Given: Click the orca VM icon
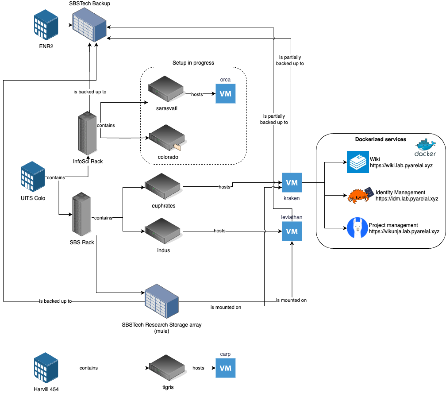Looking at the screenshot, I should tap(226, 93).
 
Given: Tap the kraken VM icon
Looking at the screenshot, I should tap(292, 183).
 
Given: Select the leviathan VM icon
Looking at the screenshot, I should tap(292, 231).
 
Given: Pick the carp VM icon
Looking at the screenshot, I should tap(226, 368).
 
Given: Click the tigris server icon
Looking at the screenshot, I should tap(166, 368).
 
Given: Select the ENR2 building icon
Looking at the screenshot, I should tap(46, 25).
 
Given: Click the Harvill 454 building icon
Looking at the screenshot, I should tap(46, 368).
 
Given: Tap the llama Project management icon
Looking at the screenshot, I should tap(357, 228).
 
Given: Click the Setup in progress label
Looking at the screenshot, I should tap(193, 63).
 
